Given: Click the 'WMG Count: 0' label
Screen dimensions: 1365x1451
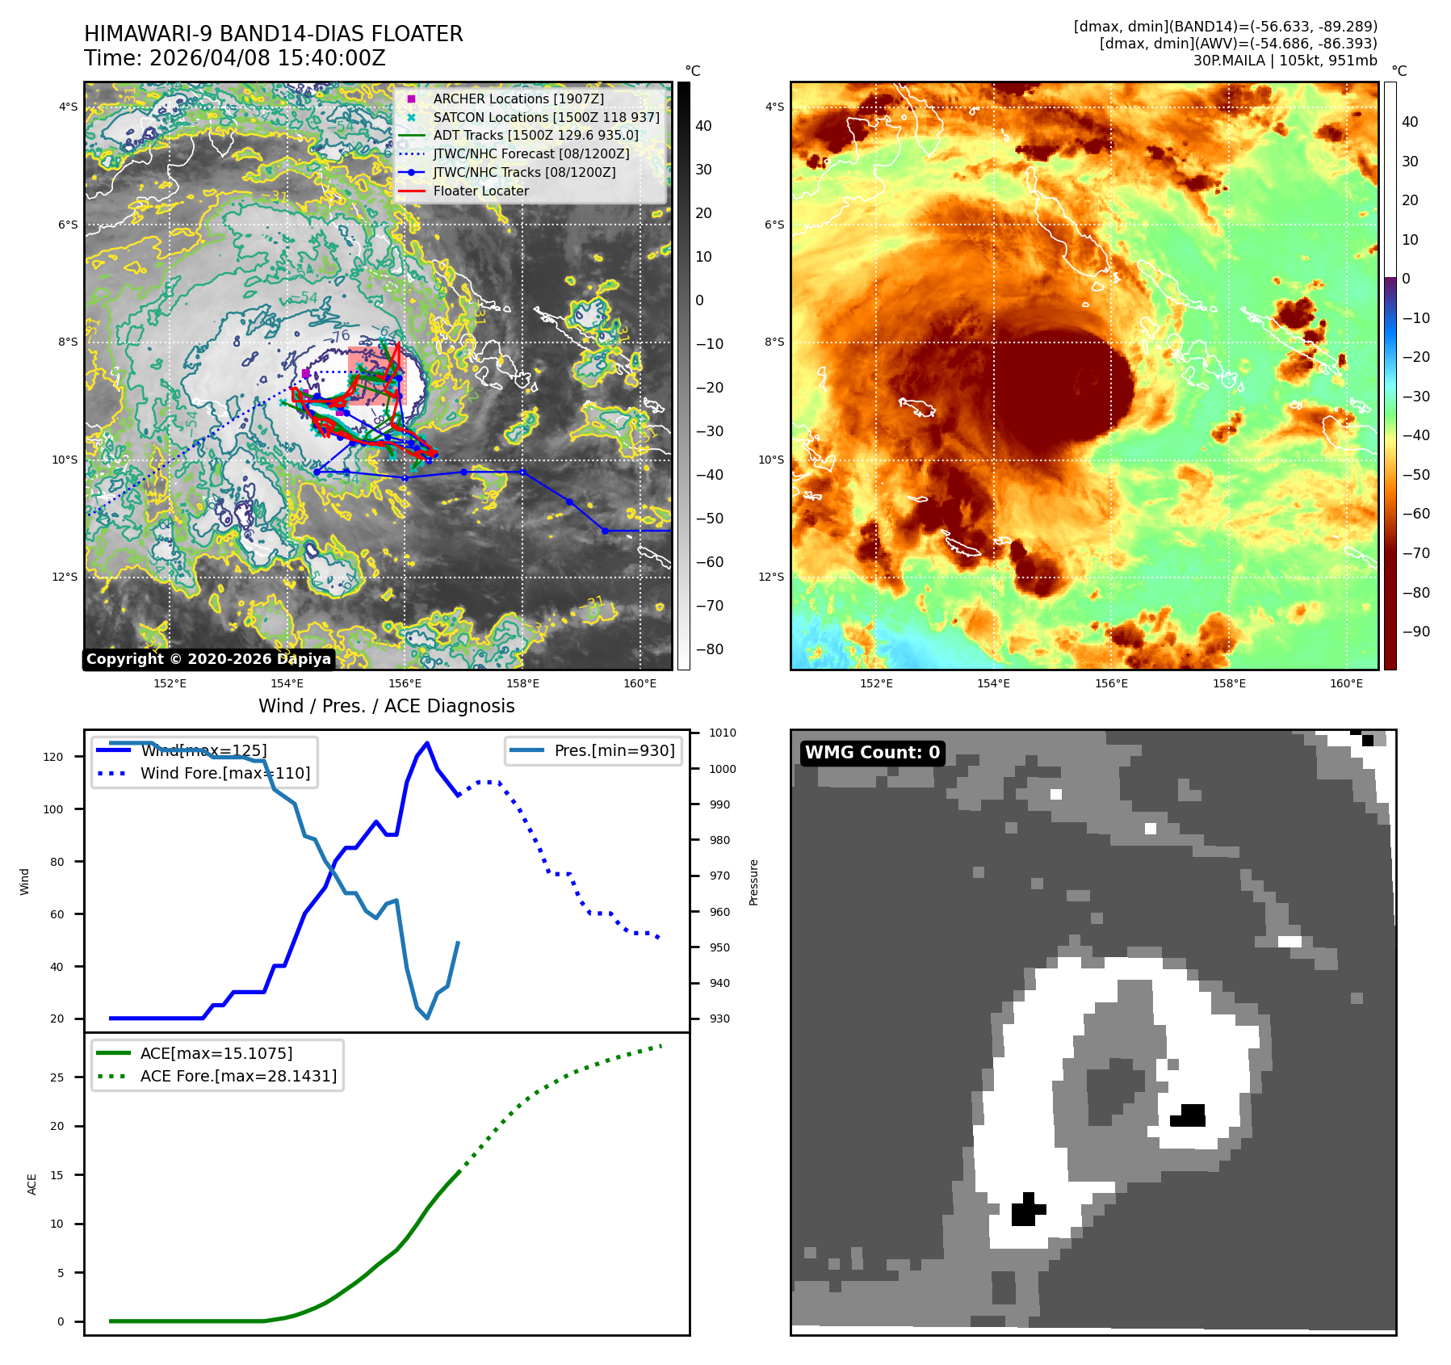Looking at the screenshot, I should (x=872, y=753).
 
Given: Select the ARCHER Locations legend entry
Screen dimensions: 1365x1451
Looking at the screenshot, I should (x=518, y=99).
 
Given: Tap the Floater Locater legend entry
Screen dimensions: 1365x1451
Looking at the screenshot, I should (x=480, y=191).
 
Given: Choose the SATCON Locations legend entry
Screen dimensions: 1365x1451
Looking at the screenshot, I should (x=546, y=117).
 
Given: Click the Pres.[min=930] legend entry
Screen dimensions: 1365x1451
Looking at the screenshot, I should (x=614, y=750).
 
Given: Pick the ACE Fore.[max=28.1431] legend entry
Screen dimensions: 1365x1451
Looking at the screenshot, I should (x=238, y=1076).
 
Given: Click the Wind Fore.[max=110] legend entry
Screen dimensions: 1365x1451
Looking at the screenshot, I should (x=224, y=773).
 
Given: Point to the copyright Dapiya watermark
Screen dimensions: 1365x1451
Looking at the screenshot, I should (x=208, y=659).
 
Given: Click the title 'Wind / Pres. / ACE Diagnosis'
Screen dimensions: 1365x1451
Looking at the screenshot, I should (x=386, y=706).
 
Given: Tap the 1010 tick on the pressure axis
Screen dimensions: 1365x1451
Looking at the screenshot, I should (x=723, y=733).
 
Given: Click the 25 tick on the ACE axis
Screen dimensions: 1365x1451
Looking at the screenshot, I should (x=57, y=1077).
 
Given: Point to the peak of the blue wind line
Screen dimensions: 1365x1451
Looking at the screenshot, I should (x=427, y=743).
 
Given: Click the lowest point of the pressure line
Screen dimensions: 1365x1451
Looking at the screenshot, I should (x=427, y=1018).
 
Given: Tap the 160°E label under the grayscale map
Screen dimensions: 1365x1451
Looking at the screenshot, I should (x=640, y=684).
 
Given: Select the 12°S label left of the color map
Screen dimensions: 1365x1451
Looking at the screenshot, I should (x=771, y=577).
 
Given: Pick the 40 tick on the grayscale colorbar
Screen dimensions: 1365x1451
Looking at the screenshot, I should (x=703, y=126).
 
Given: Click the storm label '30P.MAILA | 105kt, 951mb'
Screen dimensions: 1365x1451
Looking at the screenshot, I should (x=1285, y=61).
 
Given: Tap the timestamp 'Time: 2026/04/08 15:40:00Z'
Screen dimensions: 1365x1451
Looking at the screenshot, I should (x=235, y=59).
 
